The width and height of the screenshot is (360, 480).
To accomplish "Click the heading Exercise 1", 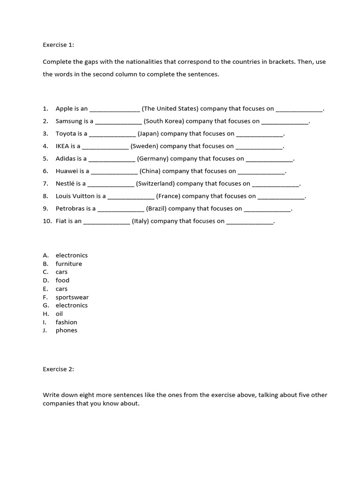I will click(59, 45).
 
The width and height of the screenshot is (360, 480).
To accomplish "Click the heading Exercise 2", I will click(59, 369).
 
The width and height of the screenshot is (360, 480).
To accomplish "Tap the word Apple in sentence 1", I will click(64, 109).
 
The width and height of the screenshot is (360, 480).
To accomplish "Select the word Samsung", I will click(69, 121).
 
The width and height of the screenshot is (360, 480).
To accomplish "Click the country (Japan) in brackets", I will click(148, 134).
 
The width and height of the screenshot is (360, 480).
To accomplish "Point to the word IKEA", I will click(62, 146).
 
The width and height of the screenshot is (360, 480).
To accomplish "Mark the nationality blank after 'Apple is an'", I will click(114, 110).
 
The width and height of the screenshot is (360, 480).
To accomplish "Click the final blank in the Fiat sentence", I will click(249, 222).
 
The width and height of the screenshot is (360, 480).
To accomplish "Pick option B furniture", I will click(68, 264).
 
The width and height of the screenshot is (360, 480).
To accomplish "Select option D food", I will click(62, 280).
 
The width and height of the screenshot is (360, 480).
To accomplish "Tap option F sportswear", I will click(72, 297).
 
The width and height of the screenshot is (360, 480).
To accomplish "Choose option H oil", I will click(59, 314).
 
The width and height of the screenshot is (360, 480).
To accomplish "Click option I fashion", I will click(66, 322).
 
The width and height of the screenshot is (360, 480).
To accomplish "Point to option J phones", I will click(66, 330).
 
